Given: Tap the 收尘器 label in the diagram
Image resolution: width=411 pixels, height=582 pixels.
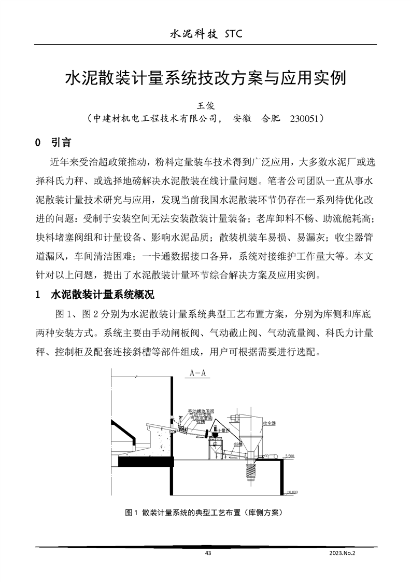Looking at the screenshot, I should [x=269, y=423].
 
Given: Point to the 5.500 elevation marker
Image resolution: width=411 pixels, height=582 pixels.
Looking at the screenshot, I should [x=290, y=455].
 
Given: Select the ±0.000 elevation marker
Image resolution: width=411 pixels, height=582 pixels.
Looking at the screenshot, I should [x=292, y=492].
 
